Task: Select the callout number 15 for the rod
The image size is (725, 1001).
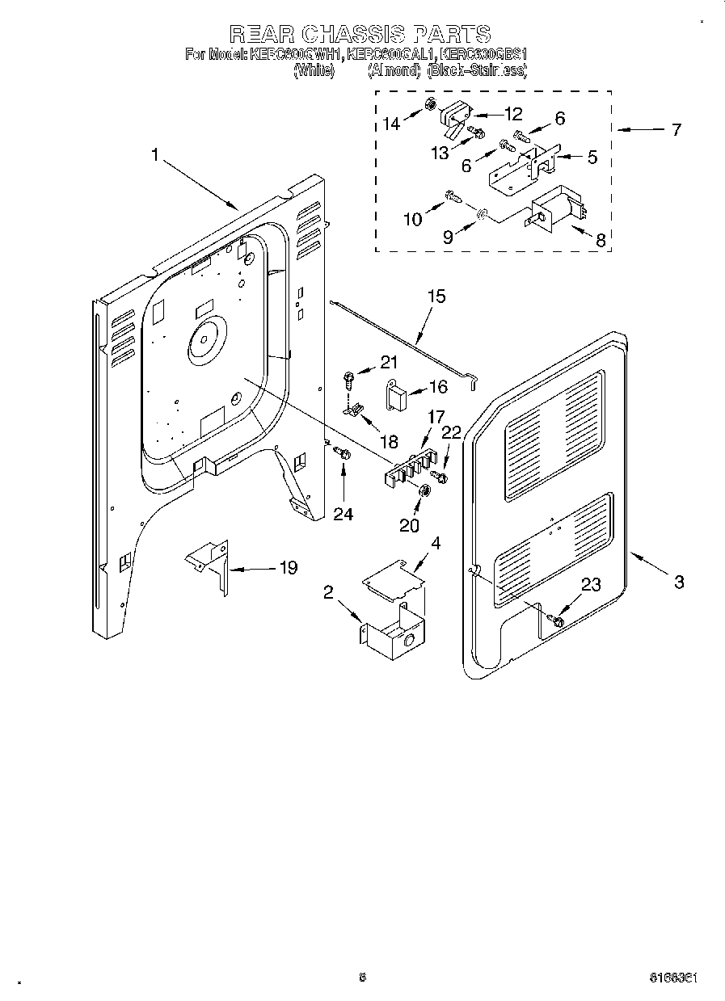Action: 436,296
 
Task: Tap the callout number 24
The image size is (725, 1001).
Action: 344,513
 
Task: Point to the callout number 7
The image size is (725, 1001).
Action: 676,129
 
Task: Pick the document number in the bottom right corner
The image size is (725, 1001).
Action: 673,977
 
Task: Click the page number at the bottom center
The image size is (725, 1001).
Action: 363,977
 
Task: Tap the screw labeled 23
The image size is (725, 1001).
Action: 555,620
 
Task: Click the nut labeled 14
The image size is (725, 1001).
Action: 432,104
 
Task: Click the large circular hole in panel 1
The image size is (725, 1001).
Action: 207,339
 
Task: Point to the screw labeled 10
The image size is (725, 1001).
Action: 454,195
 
